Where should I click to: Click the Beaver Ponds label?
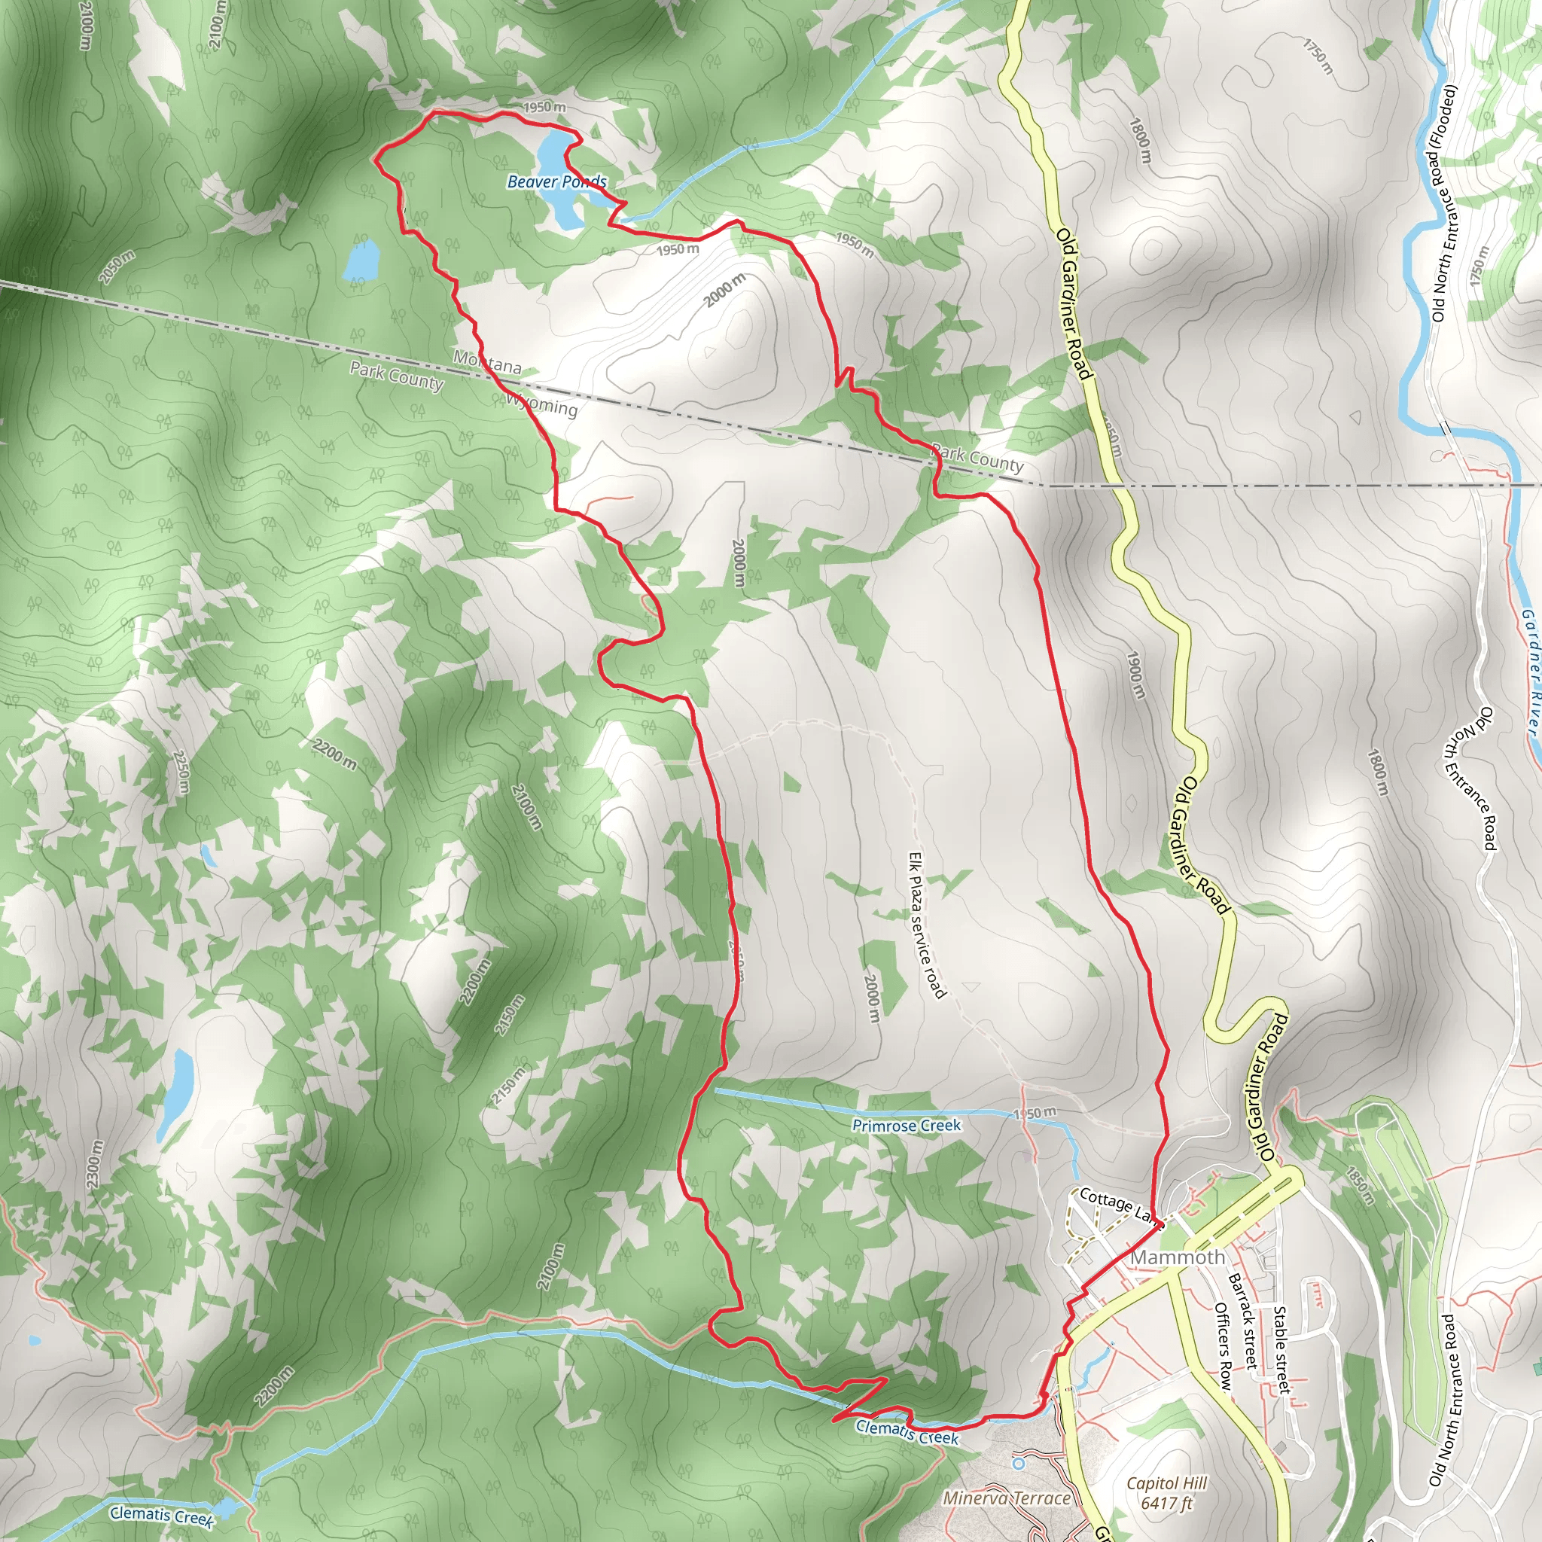click(x=556, y=182)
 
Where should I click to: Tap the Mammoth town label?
click(x=1178, y=1257)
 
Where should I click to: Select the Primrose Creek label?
click(x=906, y=1126)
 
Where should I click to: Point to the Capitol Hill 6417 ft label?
click(x=1167, y=1493)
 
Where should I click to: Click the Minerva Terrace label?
click(x=1006, y=1498)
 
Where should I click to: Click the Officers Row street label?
click(x=1222, y=1345)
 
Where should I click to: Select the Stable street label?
click(x=1280, y=1348)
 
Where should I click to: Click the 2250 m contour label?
click(x=181, y=773)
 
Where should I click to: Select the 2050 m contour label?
click(x=117, y=267)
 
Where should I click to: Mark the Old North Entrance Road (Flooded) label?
click(x=1444, y=203)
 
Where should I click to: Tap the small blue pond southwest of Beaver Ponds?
click(x=361, y=260)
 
